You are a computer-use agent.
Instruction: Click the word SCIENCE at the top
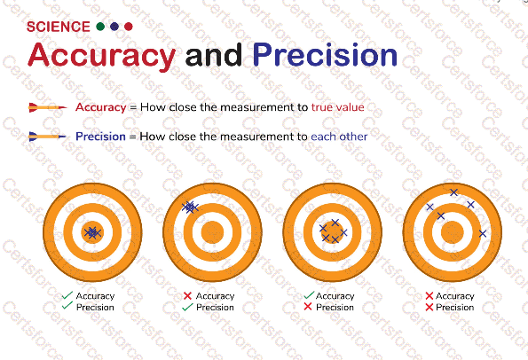pos(59,27)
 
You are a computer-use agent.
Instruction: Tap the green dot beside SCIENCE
pos(100,27)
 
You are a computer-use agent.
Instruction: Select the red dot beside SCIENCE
pos(129,27)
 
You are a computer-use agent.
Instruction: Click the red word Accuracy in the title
pos(102,56)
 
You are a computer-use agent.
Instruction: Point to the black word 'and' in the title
pos(214,55)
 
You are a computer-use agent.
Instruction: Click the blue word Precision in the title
pos(325,54)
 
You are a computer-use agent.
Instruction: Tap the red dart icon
pos(48,107)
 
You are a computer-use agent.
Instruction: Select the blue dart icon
pos(48,137)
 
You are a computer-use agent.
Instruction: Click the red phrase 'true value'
pos(338,107)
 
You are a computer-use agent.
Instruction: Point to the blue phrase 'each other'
pos(339,137)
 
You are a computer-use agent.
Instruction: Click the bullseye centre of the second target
pos(212,232)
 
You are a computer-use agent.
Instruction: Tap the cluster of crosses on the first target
pos(92,232)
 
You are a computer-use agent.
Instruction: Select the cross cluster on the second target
pos(190,207)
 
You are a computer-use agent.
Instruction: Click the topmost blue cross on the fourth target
pos(454,192)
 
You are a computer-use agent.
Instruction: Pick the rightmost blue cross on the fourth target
pos(483,233)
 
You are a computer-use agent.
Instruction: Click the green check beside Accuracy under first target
pos(67,295)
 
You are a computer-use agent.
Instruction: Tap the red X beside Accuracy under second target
pos(187,296)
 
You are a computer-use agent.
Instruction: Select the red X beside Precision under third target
pos(308,307)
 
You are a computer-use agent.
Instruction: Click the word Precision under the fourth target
pos(454,307)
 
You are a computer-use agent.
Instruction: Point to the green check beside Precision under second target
pos(187,307)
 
